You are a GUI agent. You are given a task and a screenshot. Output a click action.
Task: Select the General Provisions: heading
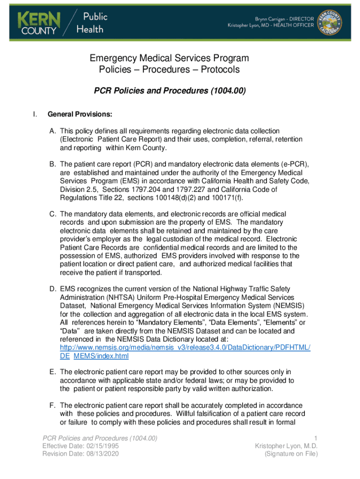click(79, 114)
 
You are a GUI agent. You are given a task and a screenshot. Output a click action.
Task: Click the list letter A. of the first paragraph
click(53, 131)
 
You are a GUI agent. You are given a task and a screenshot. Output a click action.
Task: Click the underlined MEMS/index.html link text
click(101, 356)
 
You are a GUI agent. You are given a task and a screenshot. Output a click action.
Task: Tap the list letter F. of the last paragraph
click(53, 405)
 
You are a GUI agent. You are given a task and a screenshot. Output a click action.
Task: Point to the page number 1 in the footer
click(316, 438)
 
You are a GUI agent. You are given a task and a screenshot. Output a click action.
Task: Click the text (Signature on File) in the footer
click(291, 454)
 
